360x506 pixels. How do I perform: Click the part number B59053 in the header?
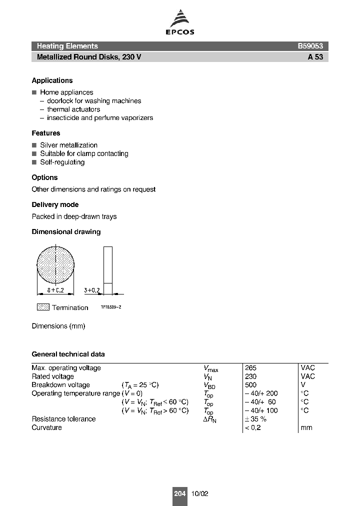tap(310, 46)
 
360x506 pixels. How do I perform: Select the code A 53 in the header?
tap(315, 57)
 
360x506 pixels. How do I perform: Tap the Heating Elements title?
tap(67, 46)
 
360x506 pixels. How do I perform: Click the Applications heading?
tap(52, 80)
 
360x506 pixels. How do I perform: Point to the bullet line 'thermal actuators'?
tap(73, 109)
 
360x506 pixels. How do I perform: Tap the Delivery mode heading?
tap(55, 204)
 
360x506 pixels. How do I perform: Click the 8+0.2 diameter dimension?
tap(56, 290)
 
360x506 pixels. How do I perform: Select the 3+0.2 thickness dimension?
tap(92, 290)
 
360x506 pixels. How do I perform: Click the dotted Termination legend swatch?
tap(43, 307)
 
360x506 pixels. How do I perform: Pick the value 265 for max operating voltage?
tap(250, 368)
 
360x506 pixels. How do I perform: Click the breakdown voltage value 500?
tap(250, 385)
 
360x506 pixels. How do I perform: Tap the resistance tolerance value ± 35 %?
tap(255, 419)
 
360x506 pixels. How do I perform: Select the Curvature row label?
tap(46, 427)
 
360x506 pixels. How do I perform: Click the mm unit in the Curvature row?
tap(306, 428)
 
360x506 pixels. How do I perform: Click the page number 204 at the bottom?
tap(179, 493)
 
